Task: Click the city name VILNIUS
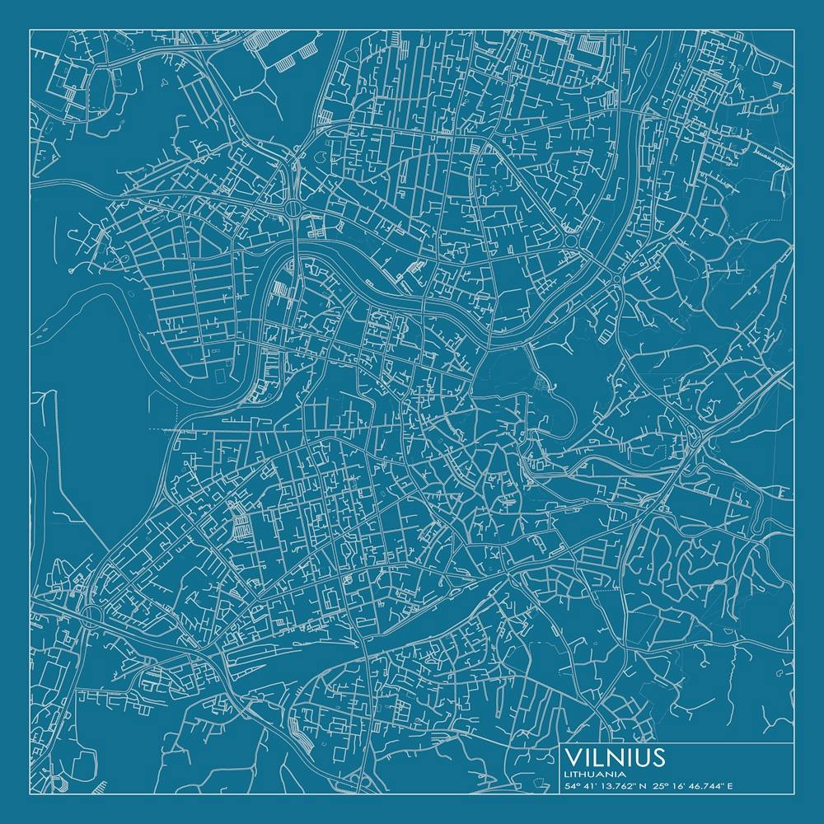(x=616, y=757)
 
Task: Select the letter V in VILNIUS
(x=573, y=757)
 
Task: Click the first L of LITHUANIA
(x=567, y=774)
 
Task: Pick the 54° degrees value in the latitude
(x=571, y=786)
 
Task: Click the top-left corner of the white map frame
(x=30, y=30)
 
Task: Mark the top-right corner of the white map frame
(x=794, y=30)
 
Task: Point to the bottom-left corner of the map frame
(x=30, y=794)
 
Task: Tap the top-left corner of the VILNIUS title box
(x=560, y=743)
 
